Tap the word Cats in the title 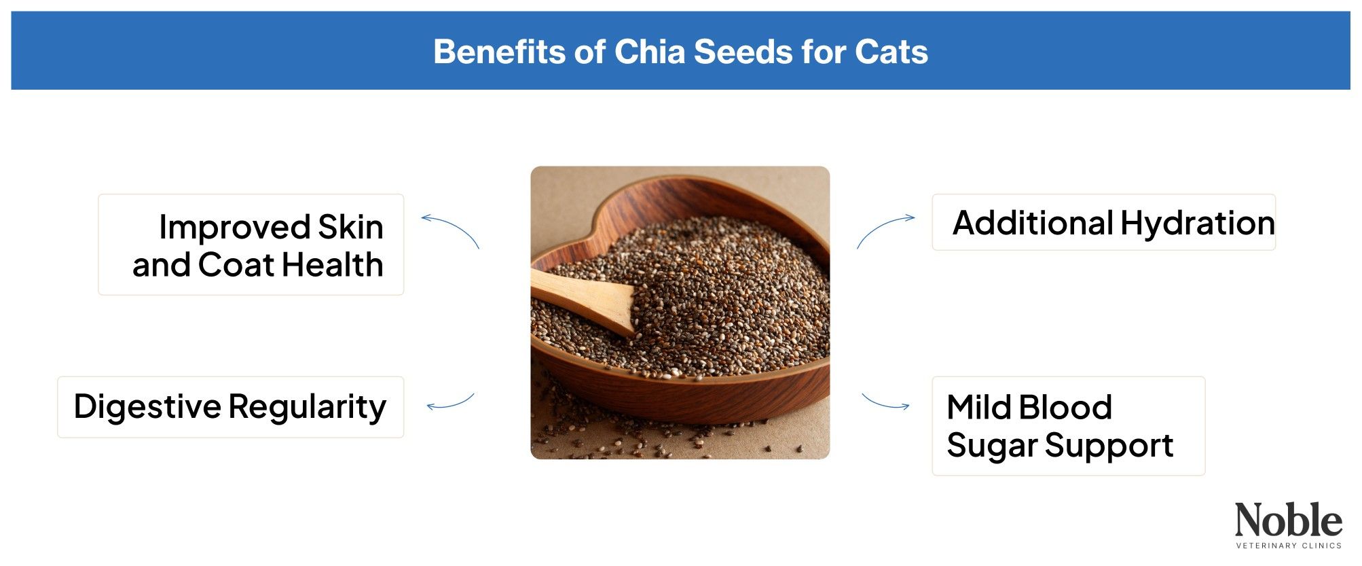[x=891, y=52]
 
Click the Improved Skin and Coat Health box [x=251, y=245]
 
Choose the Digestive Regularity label [x=231, y=407]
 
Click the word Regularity [x=307, y=407]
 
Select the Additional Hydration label [x=1103, y=222]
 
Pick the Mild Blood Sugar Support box [x=1068, y=426]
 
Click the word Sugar [x=992, y=446]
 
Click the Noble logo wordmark [x=1288, y=520]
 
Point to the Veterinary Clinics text [x=1288, y=545]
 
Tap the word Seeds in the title [x=743, y=52]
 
